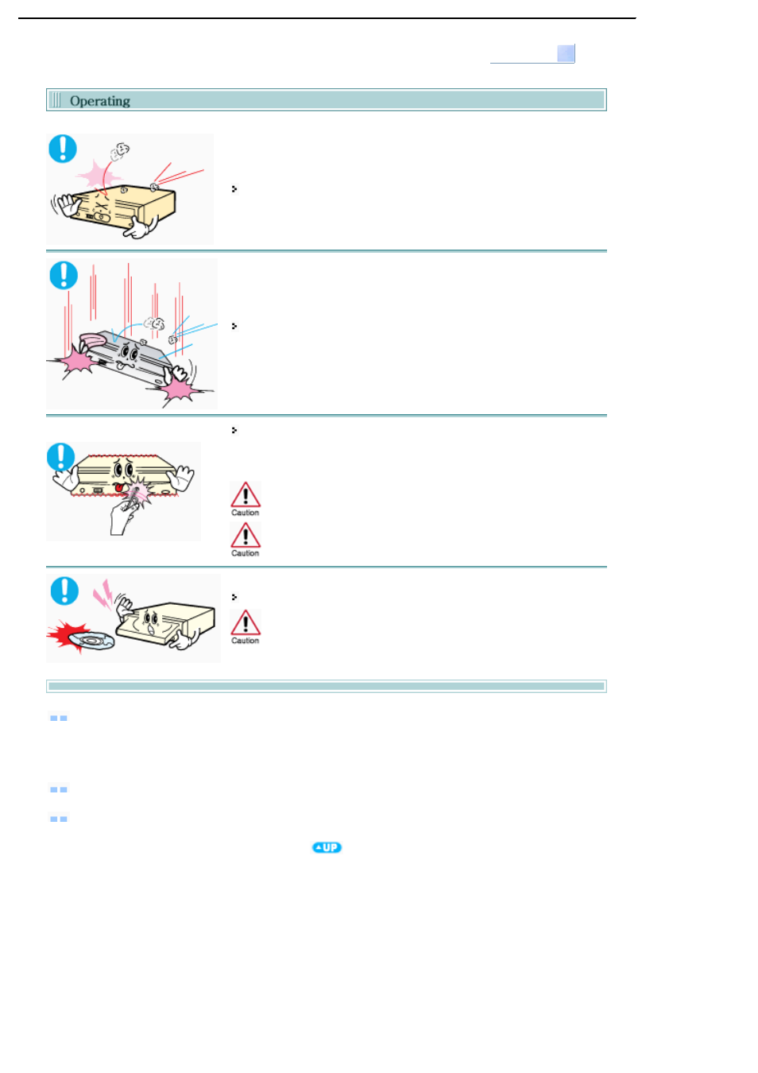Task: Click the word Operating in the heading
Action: (x=100, y=101)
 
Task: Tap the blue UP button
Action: (x=327, y=847)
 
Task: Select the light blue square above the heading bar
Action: (x=566, y=53)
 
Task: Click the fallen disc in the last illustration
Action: (x=91, y=640)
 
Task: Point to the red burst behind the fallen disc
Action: (x=68, y=635)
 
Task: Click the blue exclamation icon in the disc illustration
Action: (x=64, y=591)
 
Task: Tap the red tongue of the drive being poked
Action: (x=118, y=488)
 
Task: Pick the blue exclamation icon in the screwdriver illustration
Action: (x=61, y=457)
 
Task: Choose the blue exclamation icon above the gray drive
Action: (x=64, y=275)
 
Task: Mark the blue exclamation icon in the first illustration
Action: (x=63, y=149)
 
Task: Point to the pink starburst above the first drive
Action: (x=99, y=175)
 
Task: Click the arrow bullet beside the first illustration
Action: (x=234, y=189)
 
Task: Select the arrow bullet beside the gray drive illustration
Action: (x=234, y=326)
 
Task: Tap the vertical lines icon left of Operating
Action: (x=56, y=100)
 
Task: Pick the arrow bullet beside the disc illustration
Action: (x=234, y=598)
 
